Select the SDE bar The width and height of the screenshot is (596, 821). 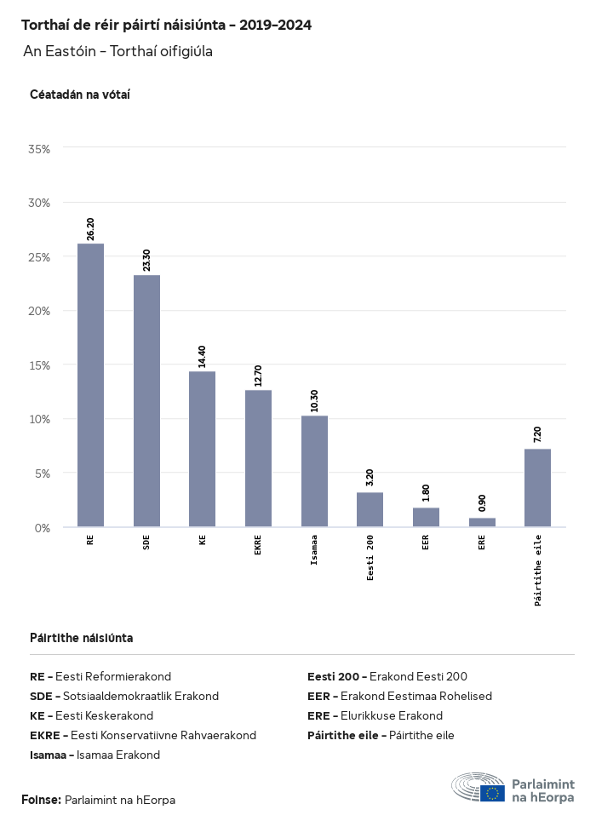pos(146,401)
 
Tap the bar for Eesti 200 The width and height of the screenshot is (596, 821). pos(370,509)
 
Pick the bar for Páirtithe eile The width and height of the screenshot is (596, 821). pos(537,488)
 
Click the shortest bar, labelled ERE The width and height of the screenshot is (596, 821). pos(482,522)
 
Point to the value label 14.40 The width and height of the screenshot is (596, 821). pos(202,356)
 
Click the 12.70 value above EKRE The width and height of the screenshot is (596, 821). pos(258,375)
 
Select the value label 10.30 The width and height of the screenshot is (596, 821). pos(314,400)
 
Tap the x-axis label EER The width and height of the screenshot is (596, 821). pos(426,542)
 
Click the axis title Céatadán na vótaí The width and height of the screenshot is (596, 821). pos(79,95)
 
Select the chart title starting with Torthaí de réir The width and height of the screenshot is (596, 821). pos(166,26)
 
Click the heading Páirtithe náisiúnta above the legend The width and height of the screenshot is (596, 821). pos(81,637)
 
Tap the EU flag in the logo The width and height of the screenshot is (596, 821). pos(492,793)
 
